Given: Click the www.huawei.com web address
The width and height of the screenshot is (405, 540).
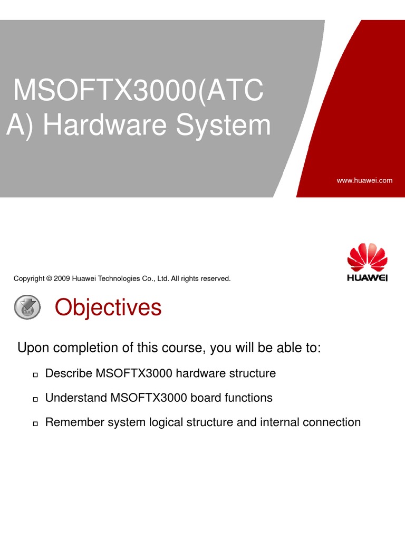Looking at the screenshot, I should click(364, 180).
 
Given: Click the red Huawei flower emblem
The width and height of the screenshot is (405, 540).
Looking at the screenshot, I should click(367, 257).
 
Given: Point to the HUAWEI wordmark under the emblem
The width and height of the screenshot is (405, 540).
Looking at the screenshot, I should click(367, 277).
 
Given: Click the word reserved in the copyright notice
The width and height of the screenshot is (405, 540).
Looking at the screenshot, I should click(217, 278).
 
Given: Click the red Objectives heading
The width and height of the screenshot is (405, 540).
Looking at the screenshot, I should click(108, 307).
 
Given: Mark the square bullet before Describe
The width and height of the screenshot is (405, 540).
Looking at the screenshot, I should click(35, 375).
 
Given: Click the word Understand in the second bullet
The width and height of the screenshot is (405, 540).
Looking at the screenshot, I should click(76, 398).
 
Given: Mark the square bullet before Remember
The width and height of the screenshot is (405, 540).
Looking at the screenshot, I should click(35, 423).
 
